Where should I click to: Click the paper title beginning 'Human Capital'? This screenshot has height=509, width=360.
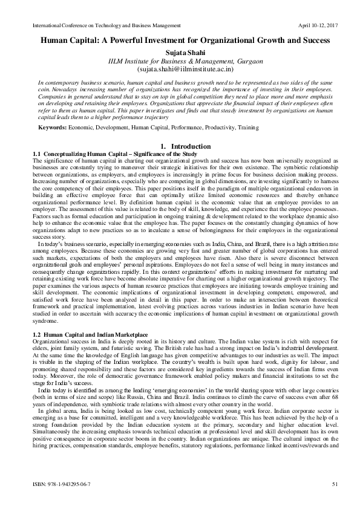tap(181, 40)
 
